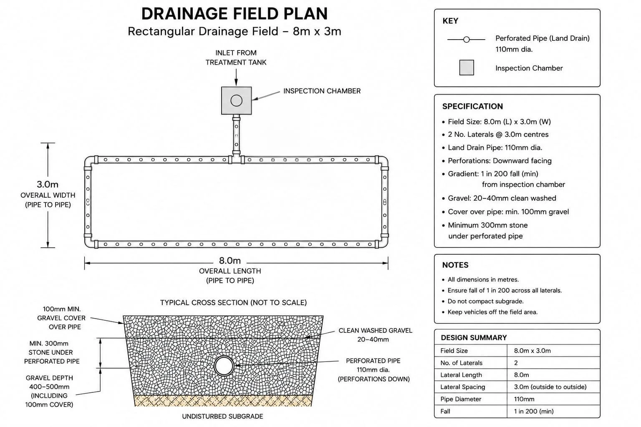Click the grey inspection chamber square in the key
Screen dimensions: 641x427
coord(467,68)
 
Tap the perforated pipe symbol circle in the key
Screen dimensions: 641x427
coord(467,40)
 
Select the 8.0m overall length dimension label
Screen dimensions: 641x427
coord(230,261)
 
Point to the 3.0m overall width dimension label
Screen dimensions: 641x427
coord(48,184)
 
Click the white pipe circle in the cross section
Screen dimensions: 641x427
coord(224,366)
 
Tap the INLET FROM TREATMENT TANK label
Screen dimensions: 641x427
coord(236,58)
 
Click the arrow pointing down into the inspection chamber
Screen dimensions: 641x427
coord(236,77)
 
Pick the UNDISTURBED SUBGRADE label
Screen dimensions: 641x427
coord(222,416)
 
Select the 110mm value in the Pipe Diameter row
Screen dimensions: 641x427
coord(524,399)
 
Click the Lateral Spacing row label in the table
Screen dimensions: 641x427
coord(463,387)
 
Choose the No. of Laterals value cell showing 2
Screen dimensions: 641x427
coord(516,363)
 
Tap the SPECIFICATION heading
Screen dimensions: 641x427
coord(472,106)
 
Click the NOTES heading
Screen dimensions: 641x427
coord(455,265)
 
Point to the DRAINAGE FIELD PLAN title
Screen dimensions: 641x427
coord(235,13)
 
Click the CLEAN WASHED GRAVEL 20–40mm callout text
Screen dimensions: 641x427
coord(375,335)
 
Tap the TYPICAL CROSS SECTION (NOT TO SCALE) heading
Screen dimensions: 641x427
coord(233,303)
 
